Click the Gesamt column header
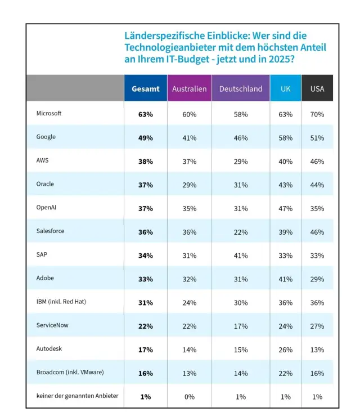tap(145, 89)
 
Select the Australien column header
tap(189, 89)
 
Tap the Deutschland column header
tap(241, 89)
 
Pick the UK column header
tap(285, 89)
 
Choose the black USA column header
tap(317, 89)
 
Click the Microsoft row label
tap(49, 113)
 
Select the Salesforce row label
tap(51, 231)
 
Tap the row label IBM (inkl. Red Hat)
tap(61, 301)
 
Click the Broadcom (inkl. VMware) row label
tap(70, 372)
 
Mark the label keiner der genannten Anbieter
tap(77, 396)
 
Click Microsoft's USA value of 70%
tap(317, 114)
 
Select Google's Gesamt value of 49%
tap(145, 138)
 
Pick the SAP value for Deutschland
tap(241, 256)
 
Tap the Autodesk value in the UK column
tap(285, 350)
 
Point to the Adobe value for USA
tap(317, 279)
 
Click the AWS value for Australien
tap(189, 162)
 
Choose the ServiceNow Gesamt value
tap(145, 326)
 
